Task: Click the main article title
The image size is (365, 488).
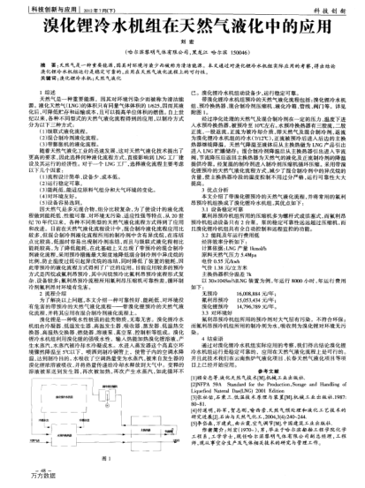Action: pyautogui.click(x=182, y=33)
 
